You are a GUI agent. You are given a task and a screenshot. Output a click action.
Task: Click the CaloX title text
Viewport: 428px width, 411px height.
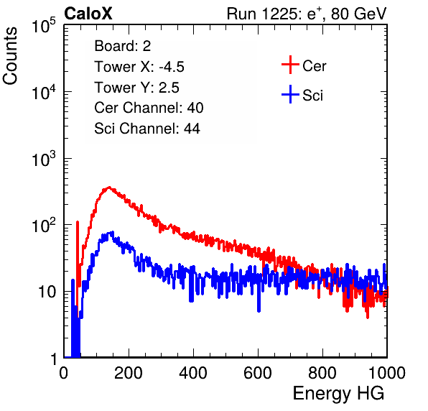[x=88, y=14]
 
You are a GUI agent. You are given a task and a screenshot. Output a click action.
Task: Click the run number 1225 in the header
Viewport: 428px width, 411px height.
[x=279, y=14]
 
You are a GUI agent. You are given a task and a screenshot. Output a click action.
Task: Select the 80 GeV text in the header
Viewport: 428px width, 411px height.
[x=359, y=14]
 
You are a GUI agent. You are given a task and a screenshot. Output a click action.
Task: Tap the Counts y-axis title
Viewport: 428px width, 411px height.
[x=10, y=56]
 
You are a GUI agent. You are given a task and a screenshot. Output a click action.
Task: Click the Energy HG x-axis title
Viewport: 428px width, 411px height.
[x=338, y=394]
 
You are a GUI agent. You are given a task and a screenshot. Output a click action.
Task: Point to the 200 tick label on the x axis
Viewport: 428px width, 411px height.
[x=129, y=373]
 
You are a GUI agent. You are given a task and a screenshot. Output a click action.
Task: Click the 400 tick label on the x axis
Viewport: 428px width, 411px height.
[x=193, y=373]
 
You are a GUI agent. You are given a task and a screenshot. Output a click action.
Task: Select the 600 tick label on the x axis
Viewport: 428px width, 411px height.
[x=258, y=373]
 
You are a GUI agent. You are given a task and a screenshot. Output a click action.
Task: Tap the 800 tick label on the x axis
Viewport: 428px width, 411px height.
[x=322, y=373]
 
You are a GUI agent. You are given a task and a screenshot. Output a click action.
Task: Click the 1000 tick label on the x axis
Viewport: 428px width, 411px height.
[x=387, y=373]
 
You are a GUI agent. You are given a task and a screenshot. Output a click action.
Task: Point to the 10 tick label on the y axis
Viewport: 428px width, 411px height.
[x=47, y=292]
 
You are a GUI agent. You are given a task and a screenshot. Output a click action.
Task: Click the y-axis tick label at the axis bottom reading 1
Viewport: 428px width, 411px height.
[x=54, y=359]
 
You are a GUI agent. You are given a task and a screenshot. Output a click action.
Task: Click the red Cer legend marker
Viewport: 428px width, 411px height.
[x=290, y=65]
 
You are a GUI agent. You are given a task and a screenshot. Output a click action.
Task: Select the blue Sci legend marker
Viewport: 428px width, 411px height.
[x=290, y=94]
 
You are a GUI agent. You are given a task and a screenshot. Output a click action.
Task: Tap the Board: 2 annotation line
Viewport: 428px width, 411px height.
[x=123, y=46]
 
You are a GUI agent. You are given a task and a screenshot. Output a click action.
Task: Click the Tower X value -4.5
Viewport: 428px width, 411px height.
[x=172, y=67]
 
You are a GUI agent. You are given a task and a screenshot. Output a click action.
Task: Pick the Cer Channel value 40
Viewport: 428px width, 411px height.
[x=195, y=108]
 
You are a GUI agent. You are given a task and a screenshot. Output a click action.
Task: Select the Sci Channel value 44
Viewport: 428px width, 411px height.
[x=192, y=129]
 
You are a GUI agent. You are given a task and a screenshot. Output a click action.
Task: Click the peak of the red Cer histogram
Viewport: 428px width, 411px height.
[x=109, y=188]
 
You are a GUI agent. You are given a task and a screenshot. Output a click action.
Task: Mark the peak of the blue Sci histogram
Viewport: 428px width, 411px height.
[x=111, y=232]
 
